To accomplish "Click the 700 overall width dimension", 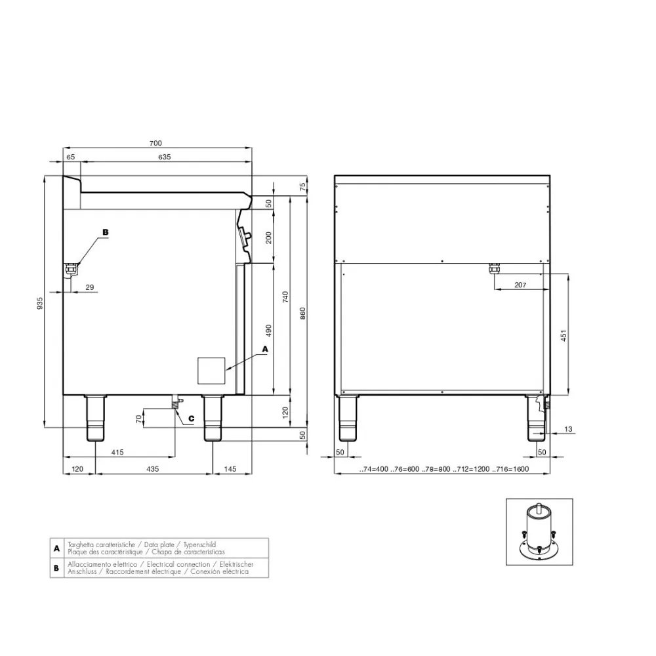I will tap(155, 143).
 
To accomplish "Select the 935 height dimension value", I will tap(40, 303).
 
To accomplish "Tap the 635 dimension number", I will tap(164, 157).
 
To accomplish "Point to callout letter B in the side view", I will tap(105, 232).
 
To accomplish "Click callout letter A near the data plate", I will tap(265, 349).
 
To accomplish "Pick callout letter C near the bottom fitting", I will tap(191, 418).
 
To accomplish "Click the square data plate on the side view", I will tap(211, 370).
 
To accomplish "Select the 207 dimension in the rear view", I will tap(520, 284).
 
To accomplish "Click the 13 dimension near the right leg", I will tap(568, 429).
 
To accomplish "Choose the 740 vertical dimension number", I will tap(285, 297).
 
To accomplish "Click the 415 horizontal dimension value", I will tap(118, 453).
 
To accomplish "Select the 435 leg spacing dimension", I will tap(153, 469).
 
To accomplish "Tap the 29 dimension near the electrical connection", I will tap(90, 287).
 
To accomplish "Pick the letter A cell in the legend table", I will tap(57, 548).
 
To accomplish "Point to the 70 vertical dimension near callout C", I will tap(139, 418).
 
